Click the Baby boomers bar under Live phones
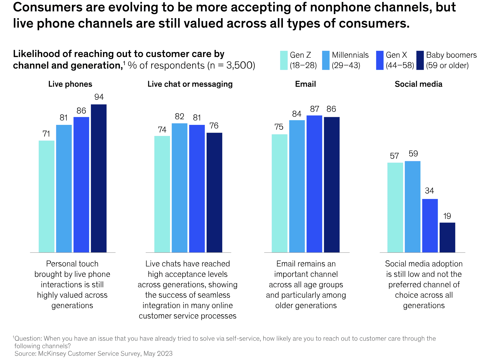coord(99,178)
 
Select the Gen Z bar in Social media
coord(395,207)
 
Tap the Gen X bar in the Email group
coord(314,184)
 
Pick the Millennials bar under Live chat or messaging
coord(179,188)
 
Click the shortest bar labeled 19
coord(447,237)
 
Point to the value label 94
coord(99,97)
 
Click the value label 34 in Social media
coord(429,191)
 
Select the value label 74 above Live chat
coord(162,130)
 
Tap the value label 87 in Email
coord(314,109)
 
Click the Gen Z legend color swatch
coord(284,60)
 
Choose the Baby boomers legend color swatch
coord(420,60)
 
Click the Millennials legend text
coord(350,55)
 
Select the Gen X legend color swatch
coord(380,60)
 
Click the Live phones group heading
coord(70,84)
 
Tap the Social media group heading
coord(418,84)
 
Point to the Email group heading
coord(305,84)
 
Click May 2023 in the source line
coord(158,354)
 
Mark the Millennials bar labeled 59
coord(412,207)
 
